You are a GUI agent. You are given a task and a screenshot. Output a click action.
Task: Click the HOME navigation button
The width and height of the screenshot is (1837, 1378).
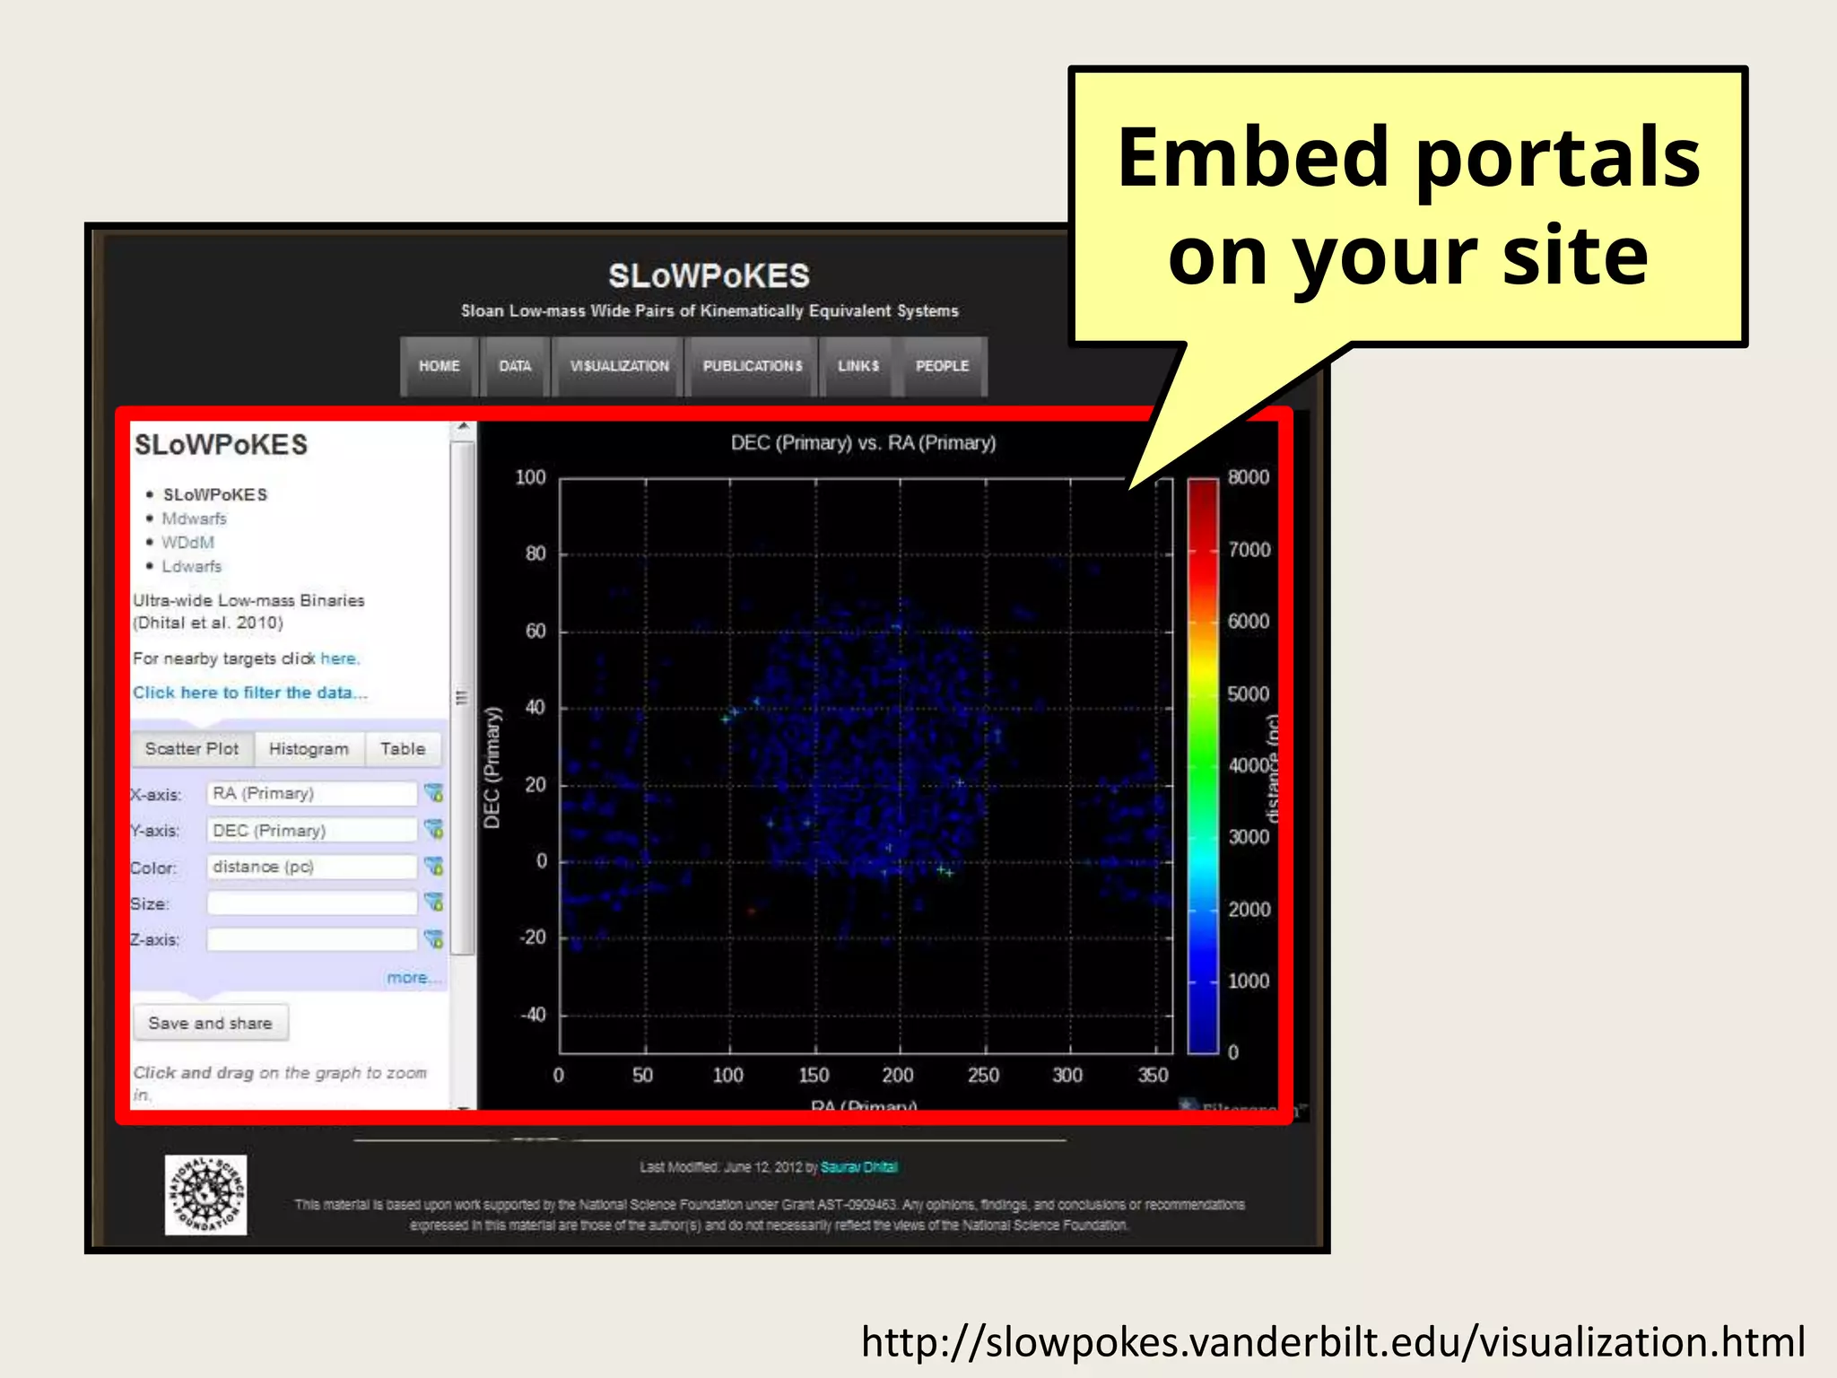(439, 366)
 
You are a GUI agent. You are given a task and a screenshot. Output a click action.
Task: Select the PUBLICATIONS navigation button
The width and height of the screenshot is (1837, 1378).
(752, 366)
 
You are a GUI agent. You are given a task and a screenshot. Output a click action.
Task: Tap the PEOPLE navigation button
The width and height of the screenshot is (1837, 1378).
(942, 366)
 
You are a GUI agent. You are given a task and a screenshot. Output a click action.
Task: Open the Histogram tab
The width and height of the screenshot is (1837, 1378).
(309, 749)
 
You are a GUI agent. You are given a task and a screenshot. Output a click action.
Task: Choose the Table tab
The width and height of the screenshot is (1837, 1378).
(402, 749)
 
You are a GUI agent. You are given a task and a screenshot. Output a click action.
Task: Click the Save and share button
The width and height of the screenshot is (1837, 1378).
(210, 1023)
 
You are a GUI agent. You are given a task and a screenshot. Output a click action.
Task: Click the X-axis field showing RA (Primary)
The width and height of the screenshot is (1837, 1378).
(310, 794)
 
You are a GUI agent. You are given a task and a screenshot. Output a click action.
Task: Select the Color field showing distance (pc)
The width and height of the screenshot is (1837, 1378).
(310, 867)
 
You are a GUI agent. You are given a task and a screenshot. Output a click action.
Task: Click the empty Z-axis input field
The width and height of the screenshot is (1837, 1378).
(310, 939)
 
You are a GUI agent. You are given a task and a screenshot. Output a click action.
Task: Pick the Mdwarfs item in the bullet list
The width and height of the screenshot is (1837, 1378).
(194, 519)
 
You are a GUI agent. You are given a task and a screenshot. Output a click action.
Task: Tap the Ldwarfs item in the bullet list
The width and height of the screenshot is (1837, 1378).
(191, 566)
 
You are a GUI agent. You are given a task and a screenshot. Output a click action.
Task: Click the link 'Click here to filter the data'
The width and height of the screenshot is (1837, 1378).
(249, 693)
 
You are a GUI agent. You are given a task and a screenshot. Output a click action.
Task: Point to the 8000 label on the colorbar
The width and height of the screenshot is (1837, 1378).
(1248, 477)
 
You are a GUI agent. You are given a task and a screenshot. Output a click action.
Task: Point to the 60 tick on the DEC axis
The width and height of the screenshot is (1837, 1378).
(535, 631)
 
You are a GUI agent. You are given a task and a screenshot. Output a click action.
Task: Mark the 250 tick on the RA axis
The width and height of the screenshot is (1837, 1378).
(983, 1075)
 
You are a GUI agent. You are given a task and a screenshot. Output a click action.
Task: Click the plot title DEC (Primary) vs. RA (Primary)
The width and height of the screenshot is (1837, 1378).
(863, 442)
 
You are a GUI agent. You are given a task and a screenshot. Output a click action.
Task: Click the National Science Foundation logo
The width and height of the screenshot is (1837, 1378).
(205, 1195)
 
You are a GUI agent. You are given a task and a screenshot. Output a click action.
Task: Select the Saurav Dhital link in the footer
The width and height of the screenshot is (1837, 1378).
(858, 1167)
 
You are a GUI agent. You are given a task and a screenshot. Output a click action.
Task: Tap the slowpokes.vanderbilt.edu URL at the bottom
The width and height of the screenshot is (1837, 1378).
(1333, 1342)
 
